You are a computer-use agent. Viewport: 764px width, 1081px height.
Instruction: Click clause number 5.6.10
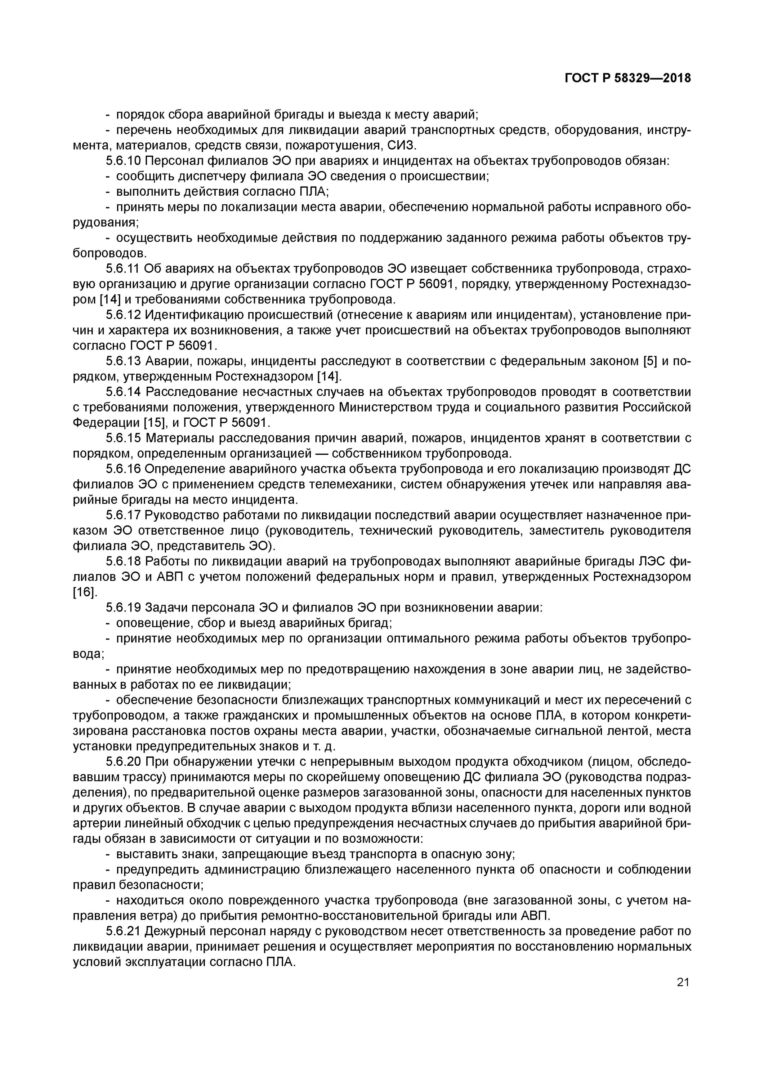coord(123,161)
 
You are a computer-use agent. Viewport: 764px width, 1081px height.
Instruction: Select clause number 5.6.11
coord(123,269)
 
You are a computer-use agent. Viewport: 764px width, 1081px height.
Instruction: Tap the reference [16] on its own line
coord(85,592)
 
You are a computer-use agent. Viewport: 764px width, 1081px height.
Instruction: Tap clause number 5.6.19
coord(123,608)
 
